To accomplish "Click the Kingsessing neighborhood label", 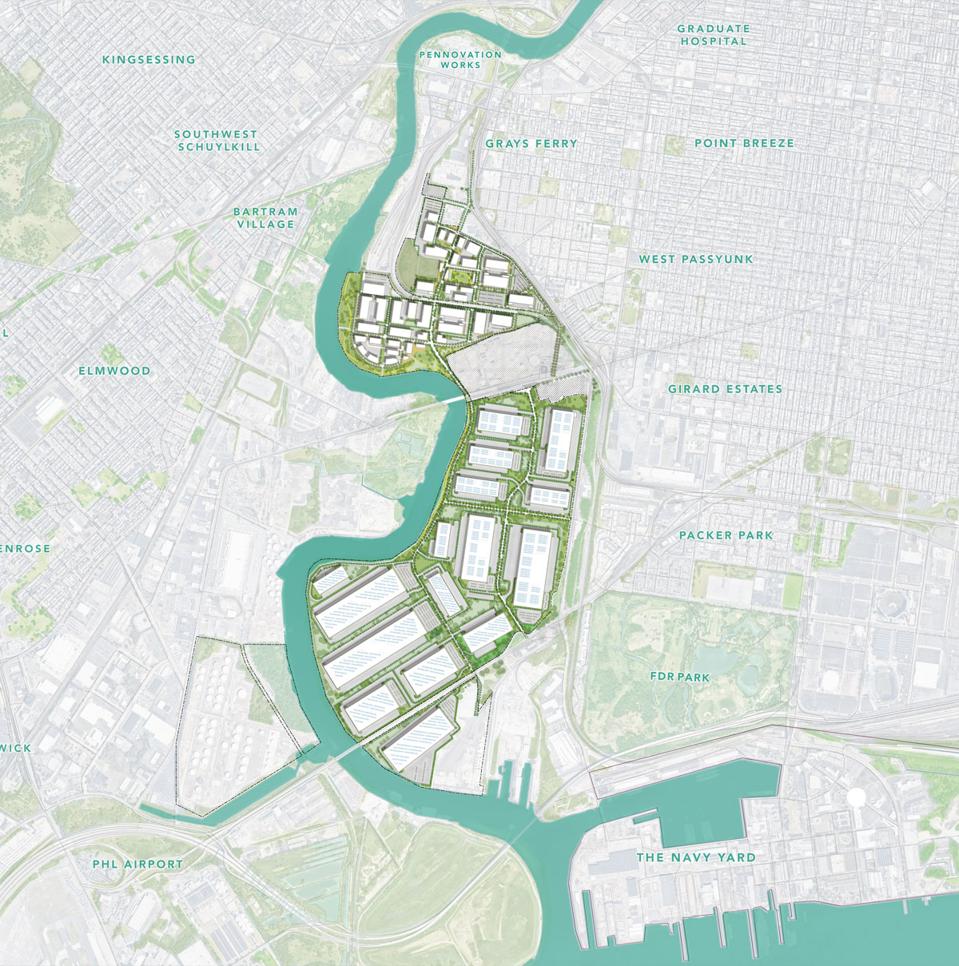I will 149,59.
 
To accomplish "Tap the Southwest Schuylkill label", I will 217,141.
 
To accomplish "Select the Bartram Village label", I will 265,218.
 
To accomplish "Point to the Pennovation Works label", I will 460,60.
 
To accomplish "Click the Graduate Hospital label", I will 714,34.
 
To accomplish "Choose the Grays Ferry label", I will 531,144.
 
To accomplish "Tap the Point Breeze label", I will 744,143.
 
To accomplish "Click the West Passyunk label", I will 695,259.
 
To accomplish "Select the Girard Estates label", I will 725,389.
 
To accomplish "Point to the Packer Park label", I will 726,535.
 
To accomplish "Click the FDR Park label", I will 679,677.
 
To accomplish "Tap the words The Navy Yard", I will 695,857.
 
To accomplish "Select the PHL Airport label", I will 137,864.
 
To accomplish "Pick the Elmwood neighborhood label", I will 114,371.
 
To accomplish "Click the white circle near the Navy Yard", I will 856,797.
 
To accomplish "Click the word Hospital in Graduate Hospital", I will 714,41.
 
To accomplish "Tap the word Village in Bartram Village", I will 265,225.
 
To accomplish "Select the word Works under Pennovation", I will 460,65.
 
